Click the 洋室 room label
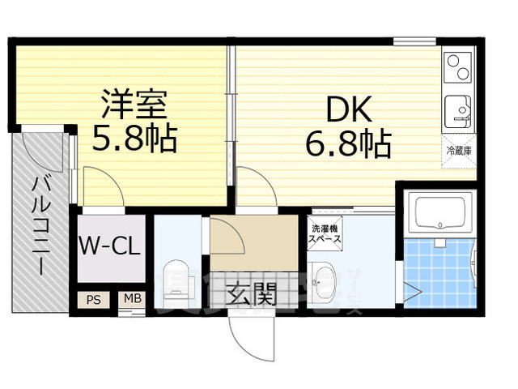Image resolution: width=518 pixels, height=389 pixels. pos(134,105)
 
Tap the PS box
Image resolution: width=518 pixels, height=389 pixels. pos(93,299)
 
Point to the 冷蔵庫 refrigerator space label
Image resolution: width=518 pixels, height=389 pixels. pos(458,151)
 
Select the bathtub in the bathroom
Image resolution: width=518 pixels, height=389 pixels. pos(440,213)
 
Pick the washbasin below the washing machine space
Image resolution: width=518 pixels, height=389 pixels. pos(325,276)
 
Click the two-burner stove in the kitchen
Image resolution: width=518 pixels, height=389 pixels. pos(459,66)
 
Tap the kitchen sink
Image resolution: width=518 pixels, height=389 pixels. pos(459,109)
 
